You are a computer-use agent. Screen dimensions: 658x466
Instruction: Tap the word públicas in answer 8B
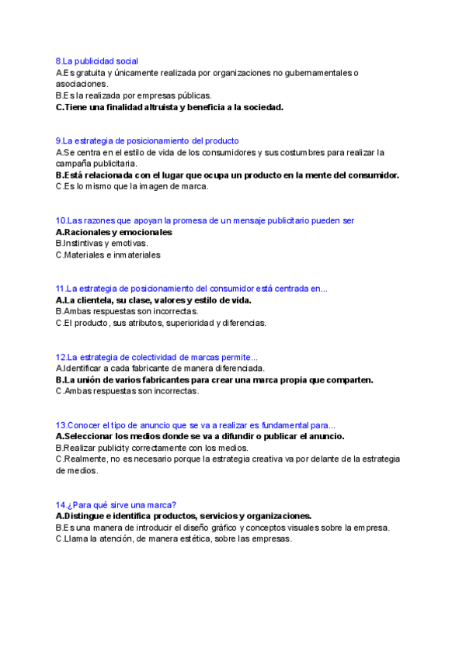(x=188, y=95)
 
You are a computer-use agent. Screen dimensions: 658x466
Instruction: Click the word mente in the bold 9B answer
(x=312, y=175)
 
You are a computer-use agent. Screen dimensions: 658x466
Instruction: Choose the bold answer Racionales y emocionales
(x=114, y=232)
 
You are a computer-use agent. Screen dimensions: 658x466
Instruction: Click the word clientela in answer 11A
(x=94, y=300)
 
